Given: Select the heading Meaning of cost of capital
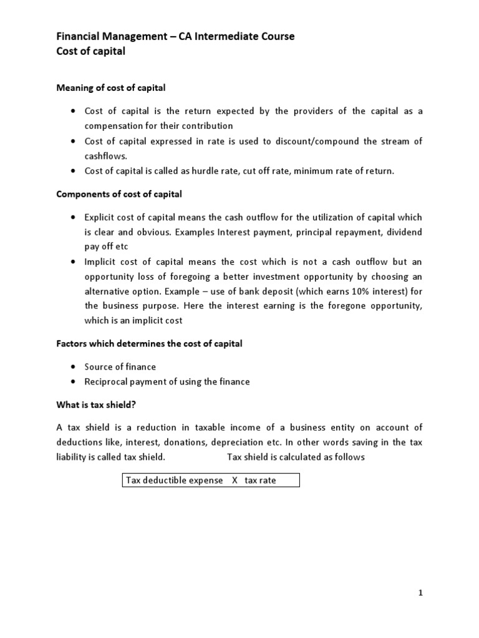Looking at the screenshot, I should (x=111, y=88).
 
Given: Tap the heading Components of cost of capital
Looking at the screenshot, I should (x=119, y=194).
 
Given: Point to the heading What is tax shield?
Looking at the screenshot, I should (x=96, y=404).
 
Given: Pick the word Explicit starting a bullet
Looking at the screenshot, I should (x=100, y=217).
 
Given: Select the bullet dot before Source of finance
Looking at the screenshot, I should (x=73, y=367).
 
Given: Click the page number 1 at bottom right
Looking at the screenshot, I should (x=420, y=593).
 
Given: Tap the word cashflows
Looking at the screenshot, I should (x=105, y=156).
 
